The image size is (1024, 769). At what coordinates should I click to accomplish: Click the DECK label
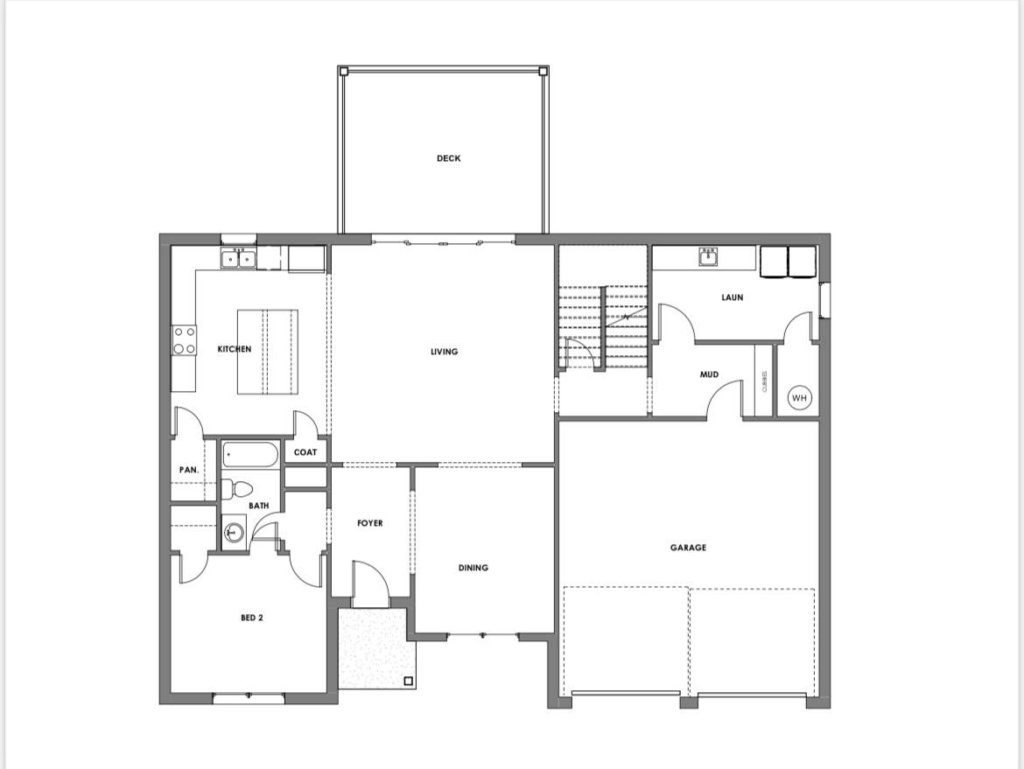point(449,158)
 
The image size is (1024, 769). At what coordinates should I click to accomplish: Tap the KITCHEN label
point(235,349)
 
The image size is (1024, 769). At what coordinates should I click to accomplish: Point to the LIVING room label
point(444,352)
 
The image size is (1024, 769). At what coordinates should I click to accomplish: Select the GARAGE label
point(688,548)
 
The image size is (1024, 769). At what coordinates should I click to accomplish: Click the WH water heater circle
point(799,397)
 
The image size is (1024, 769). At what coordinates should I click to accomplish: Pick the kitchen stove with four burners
point(184,341)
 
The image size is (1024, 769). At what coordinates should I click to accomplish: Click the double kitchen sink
point(238,259)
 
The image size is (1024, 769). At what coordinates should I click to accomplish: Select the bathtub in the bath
point(251,455)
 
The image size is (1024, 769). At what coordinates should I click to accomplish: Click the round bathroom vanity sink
point(233,533)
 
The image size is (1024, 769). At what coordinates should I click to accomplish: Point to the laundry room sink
point(709,257)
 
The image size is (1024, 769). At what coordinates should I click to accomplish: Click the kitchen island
point(267,352)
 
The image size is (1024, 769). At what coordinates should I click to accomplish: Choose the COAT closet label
point(305,452)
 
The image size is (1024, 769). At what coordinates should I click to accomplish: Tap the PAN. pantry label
point(189,470)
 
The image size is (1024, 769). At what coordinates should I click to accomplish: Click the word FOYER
point(370,523)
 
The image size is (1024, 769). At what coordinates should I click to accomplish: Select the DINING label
point(473,568)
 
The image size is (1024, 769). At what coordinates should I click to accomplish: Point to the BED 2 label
point(252,618)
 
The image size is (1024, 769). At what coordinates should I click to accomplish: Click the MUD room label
point(709,374)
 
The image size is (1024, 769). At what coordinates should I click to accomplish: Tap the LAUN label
point(732,297)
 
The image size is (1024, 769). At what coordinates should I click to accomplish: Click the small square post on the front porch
point(408,681)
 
